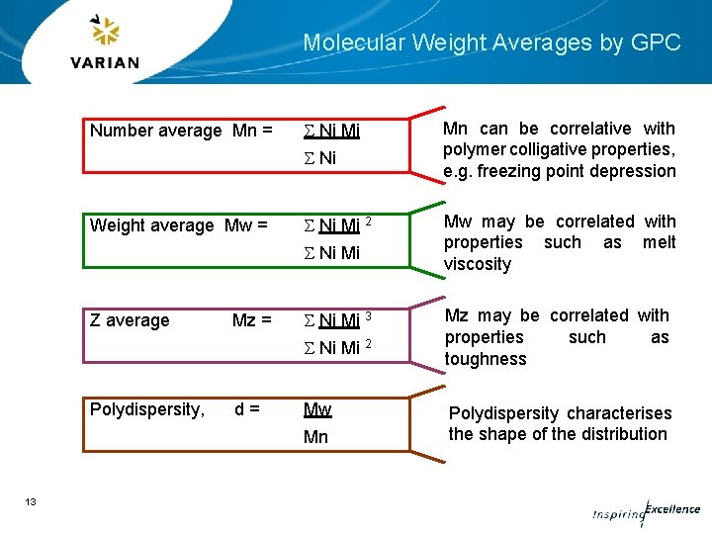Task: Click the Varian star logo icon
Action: tap(105, 32)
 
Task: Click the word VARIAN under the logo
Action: tap(105, 62)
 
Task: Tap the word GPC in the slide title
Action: tap(657, 43)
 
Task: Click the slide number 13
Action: tap(31, 502)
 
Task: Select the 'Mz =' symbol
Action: tap(251, 320)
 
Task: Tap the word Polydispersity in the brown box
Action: tap(146, 408)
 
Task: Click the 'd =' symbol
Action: tap(247, 408)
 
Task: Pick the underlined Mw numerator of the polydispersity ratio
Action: tap(317, 409)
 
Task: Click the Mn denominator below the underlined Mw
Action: tap(316, 437)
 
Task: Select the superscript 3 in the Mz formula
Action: tap(369, 315)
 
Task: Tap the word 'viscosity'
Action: tap(478, 264)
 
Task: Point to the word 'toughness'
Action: tap(486, 359)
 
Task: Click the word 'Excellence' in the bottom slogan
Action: tap(672, 509)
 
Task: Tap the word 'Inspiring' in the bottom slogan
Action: tap(616, 515)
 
